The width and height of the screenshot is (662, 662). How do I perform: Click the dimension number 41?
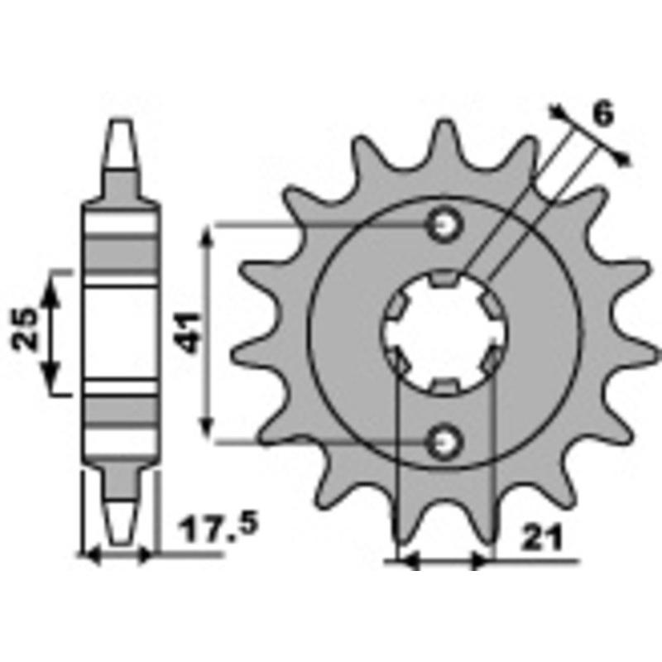(x=189, y=333)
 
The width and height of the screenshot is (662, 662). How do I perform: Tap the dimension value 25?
(x=25, y=330)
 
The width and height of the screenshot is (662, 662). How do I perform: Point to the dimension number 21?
(x=542, y=539)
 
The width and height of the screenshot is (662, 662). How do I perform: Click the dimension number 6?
(x=603, y=114)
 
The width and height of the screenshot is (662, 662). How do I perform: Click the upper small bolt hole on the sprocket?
(x=445, y=223)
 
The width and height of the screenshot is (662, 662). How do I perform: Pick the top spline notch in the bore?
(x=445, y=280)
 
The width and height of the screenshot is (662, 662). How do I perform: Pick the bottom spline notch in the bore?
(x=445, y=386)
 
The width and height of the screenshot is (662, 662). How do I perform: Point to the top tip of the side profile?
(x=120, y=126)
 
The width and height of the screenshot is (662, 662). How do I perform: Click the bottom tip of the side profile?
(x=120, y=530)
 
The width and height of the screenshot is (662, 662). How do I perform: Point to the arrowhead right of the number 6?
(x=626, y=158)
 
